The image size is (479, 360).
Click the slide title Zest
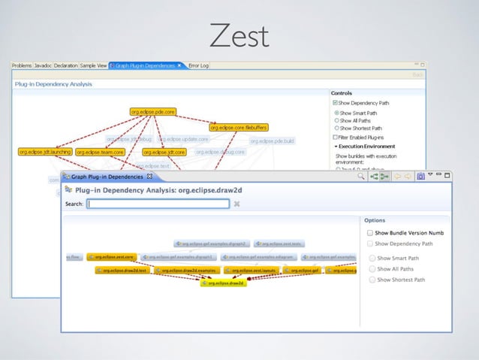[x=239, y=34]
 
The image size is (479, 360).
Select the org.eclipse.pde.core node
[x=153, y=112]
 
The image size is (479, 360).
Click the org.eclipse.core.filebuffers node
[x=239, y=128]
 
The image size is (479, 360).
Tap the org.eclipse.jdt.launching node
[x=45, y=152]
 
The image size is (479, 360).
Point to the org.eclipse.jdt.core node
[x=164, y=152]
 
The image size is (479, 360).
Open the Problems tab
[x=22, y=66]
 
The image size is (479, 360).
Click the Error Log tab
[x=199, y=66]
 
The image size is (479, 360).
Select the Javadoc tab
[x=43, y=66]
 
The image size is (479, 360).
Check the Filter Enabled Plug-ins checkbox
[x=336, y=138]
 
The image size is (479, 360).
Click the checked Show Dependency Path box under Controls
[x=336, y=103]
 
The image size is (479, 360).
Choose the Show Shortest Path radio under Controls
[x=336, y=129]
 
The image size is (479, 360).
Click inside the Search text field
[x=158, y=204]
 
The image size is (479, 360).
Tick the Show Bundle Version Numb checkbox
[x=370, y=233]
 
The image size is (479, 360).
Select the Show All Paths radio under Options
[x=371, y=269]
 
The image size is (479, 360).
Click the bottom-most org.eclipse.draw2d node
[x=223, y=283]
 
